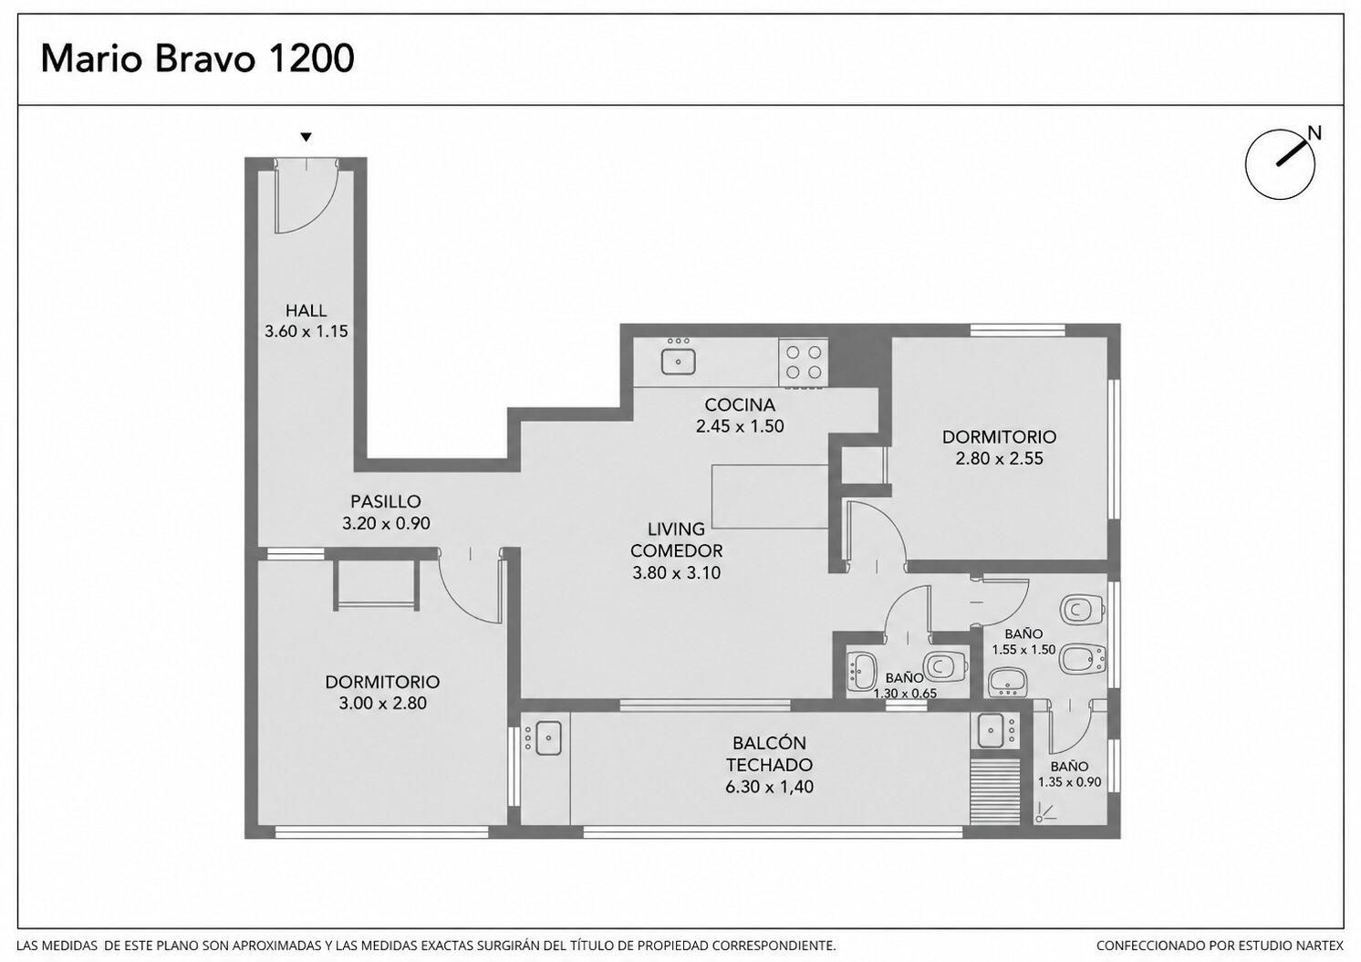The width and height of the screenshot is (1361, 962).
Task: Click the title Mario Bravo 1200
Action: tap(197, 59)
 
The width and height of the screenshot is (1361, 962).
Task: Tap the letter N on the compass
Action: tap(1314, 133)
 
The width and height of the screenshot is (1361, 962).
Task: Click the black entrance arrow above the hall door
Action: tap(306, 138)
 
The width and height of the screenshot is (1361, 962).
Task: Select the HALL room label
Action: tap(306, 310)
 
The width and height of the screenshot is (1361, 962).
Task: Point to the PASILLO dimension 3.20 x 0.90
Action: tap(386, 523)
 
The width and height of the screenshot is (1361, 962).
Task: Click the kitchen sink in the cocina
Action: tap(678, 361)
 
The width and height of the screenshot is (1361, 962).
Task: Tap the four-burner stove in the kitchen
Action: tap(804, 362)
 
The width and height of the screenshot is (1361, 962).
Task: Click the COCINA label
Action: tap(740, 404)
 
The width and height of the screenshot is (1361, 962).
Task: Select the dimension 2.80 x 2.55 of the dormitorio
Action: tap(999, 458)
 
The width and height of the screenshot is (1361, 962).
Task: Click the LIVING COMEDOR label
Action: tap(676, 540)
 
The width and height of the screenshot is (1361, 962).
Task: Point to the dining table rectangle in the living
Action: tap(771, 497)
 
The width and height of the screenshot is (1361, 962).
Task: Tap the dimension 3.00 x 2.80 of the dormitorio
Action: tap(383, 703)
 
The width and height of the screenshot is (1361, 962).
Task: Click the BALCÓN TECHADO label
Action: tap(769, 753)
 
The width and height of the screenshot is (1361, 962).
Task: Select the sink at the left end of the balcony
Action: tap(547, 737)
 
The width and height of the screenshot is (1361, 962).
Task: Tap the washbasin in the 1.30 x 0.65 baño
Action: tap(862, 672)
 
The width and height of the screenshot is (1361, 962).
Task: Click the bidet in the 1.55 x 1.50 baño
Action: tap(1082, 658)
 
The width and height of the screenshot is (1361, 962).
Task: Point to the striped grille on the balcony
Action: tap(995, 791)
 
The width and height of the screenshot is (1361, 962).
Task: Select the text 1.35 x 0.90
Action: tap(1069, 782)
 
